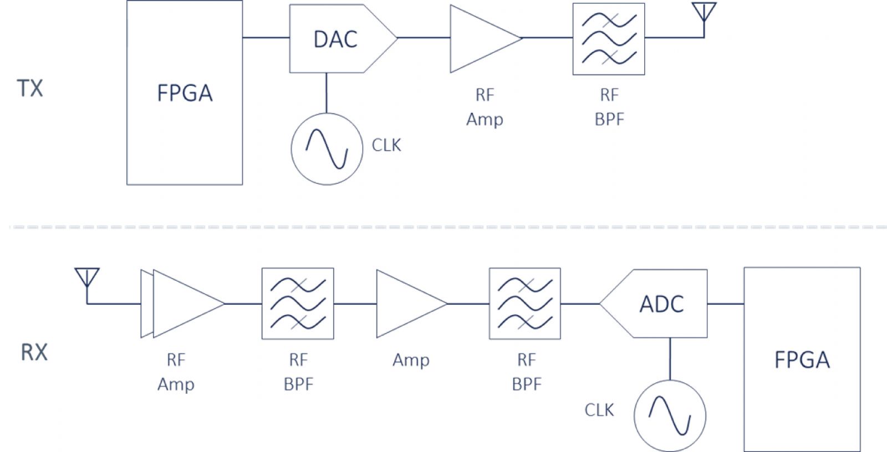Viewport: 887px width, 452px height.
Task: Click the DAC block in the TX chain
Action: point(336,39)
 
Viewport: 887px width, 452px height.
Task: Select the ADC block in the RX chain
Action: point(661,304)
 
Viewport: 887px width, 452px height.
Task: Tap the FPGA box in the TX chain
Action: point(185,93)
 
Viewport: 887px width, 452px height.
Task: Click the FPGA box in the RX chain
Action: point(802,359)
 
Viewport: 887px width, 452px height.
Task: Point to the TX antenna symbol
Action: point(704,13)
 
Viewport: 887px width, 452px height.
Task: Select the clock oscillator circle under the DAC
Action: point(327,148)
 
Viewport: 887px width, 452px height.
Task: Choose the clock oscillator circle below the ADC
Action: point(670,415)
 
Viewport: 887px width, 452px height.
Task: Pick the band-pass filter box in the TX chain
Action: point(609,39)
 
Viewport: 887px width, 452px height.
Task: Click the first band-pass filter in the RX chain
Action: point(298,304)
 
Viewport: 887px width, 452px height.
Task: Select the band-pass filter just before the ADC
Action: point(525,304)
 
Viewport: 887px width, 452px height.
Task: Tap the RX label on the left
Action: point(34,352)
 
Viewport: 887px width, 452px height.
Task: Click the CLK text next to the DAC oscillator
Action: point(386,145)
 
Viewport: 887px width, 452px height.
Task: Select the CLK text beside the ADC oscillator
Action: point(599,410)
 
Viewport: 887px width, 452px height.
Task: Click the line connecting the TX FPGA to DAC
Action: point(266,38)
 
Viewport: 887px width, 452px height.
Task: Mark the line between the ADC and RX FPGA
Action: point(726,304)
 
